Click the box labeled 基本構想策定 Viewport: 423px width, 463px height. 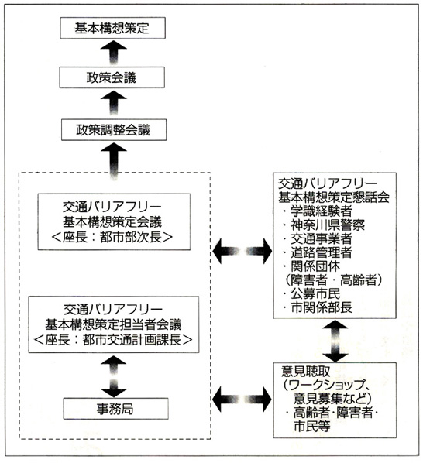point(113,28)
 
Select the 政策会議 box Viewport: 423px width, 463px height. point(112,77)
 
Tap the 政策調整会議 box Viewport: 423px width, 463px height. point(114,129)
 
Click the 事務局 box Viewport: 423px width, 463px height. point(115,409)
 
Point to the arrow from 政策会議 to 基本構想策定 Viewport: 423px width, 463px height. point(114,53)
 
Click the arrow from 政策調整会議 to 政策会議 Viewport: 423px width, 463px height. point(114,103)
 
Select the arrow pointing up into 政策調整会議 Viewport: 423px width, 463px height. point(114,161)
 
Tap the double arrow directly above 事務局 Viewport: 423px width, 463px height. point(114,376)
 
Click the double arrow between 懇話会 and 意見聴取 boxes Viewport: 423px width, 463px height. point(335,341)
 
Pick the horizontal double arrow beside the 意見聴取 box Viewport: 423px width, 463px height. point(242,400)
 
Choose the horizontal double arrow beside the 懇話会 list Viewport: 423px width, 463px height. point(242,251)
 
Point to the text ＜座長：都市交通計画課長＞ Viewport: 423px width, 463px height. point(113,340)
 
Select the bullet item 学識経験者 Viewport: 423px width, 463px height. point(318,211)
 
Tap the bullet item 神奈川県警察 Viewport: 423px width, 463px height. point(324,225)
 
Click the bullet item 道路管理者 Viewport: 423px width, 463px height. point(318,252)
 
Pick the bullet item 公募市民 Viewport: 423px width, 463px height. point(311,293)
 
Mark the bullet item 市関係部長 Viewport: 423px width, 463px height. point(318,307)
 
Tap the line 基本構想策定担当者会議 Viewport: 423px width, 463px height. point(113,324)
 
